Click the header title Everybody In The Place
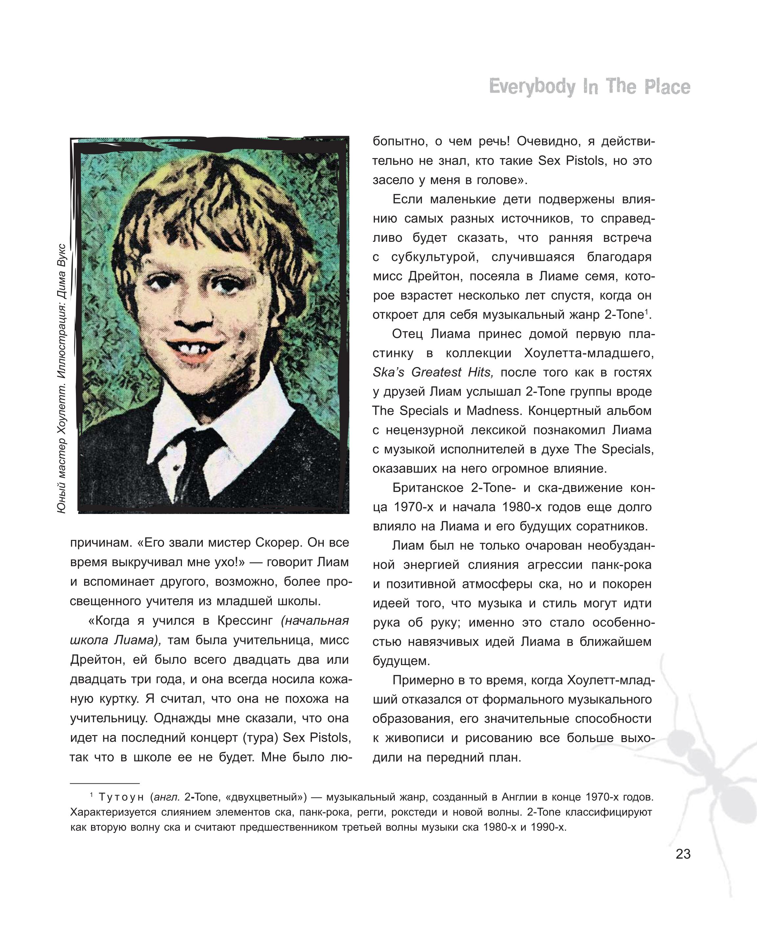pyautogui.click(x=589, y=87)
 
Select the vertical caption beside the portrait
pyautogui.click(x=62, y=378)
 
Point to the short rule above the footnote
pyautogui.click(x=105, y=783)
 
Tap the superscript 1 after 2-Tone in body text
pyautogui.click(x=646, y=312)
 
